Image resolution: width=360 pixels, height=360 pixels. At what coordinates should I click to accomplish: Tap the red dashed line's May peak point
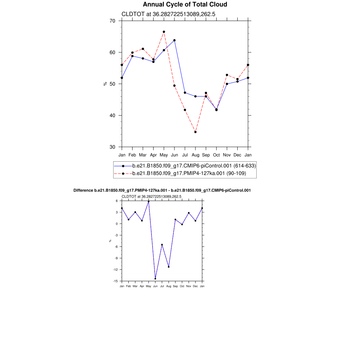(164, 32)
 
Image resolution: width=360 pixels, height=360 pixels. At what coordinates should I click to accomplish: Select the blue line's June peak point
(174, 40)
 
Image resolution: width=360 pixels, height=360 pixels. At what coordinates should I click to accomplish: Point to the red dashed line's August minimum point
(195, 132)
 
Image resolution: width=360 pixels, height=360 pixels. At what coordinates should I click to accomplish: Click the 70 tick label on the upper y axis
(112, 21)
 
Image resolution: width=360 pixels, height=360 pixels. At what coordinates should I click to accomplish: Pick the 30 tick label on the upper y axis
(112, 147)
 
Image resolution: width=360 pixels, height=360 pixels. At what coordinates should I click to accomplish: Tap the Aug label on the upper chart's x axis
(195, 155)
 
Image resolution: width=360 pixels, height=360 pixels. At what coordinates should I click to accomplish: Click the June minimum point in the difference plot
(155, 279)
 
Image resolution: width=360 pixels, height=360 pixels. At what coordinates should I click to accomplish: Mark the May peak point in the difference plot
(148, 201)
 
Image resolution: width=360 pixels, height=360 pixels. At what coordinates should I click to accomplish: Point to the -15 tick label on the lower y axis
(115, 281)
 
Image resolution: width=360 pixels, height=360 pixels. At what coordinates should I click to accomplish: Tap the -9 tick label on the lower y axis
(116, 258)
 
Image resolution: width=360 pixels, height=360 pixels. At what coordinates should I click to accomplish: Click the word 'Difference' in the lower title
(83, 190)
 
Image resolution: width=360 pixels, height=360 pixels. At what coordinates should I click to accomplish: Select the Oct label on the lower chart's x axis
(182, 287)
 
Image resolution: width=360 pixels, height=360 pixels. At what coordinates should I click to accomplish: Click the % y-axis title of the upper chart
(105, 84)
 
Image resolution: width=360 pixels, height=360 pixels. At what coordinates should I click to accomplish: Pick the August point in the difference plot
(169, 267)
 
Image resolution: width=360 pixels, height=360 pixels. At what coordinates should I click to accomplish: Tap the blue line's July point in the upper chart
(185, 93)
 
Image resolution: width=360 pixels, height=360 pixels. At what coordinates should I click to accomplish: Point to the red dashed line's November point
(227, 75)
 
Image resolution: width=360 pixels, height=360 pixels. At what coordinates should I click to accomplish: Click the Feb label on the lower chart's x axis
(128, 287)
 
